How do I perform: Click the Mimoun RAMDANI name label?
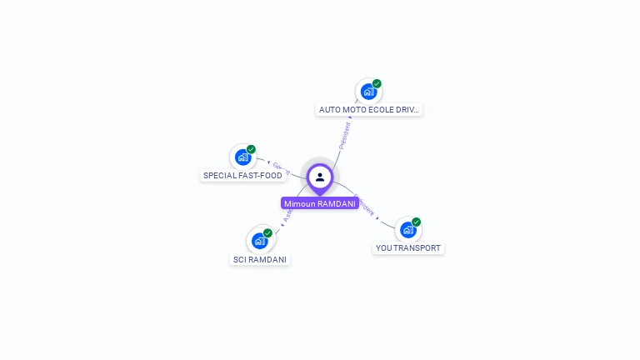pos(320,203)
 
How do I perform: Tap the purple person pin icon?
pos(320,177)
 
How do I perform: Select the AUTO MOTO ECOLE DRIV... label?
pos(369,109)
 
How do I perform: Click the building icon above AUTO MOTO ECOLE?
pos(367,92)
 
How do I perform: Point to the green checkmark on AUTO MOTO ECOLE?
pos(377,83)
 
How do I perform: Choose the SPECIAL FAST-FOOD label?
pos(243,176)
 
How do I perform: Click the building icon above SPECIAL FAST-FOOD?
pos(242,157)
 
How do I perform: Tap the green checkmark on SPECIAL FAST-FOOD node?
pos(251,149)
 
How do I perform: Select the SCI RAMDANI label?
pos(260,259)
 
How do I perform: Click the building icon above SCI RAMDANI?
pos(259,241)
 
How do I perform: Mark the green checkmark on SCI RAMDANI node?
pos(267,232)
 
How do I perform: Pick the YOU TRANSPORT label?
pos(407,247)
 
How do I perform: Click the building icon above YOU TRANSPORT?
pos(407,229)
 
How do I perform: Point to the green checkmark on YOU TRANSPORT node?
pos(416,222)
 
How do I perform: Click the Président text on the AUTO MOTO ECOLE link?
pos(345,135)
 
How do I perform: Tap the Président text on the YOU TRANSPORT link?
pos(364,206)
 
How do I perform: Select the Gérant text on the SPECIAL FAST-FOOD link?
pos(280,167)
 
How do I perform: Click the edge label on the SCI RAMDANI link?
pos(287,214)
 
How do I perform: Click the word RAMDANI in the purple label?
pos(337,203)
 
